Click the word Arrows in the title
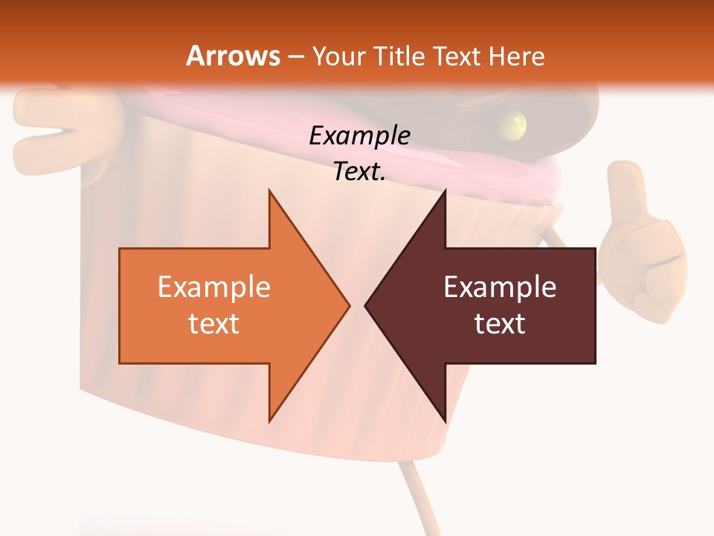[233, 56]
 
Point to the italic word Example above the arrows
[359, 135]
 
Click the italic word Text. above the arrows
[359, 171]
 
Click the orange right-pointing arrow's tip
[346, 304]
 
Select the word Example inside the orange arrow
[214, 287]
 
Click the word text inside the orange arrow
[214, 323]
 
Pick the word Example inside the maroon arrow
[500, 287]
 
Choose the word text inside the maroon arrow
[500, 323]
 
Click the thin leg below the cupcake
[414, 491]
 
